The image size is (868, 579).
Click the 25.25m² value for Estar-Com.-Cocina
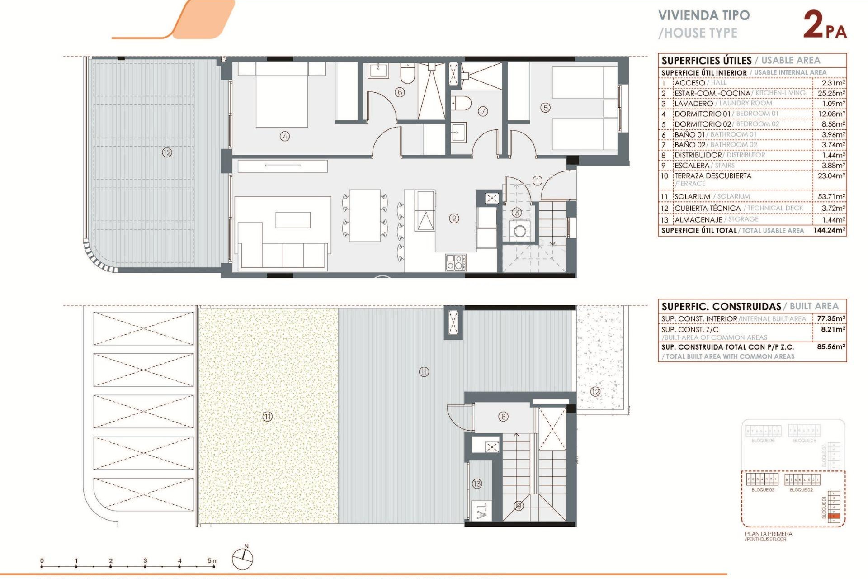(831, 93)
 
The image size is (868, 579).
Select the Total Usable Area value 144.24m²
(829, 230)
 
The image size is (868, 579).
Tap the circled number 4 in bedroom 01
(285, 136)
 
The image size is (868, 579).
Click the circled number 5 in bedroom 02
(546, 108)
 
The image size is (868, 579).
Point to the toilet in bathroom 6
(407, 74)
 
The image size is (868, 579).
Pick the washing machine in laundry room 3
(520, 231)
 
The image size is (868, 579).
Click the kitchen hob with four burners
(456, 262)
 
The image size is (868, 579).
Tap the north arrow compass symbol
(243, 559)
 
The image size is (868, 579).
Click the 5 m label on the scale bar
(212, 561)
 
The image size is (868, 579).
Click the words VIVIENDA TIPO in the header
(704, 15)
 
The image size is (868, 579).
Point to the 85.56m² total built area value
(831, 347)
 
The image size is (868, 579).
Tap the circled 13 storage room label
(477, 484)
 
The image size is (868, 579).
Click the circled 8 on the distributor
(503, 417)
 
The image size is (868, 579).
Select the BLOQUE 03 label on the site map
(763, 490)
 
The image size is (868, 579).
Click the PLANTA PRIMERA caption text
(769, 534)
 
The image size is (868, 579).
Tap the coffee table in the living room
(293, 220)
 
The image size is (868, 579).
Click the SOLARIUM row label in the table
(692, 196)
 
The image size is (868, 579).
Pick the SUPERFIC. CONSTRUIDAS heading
(721, 307)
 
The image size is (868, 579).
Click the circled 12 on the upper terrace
(167, 152)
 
